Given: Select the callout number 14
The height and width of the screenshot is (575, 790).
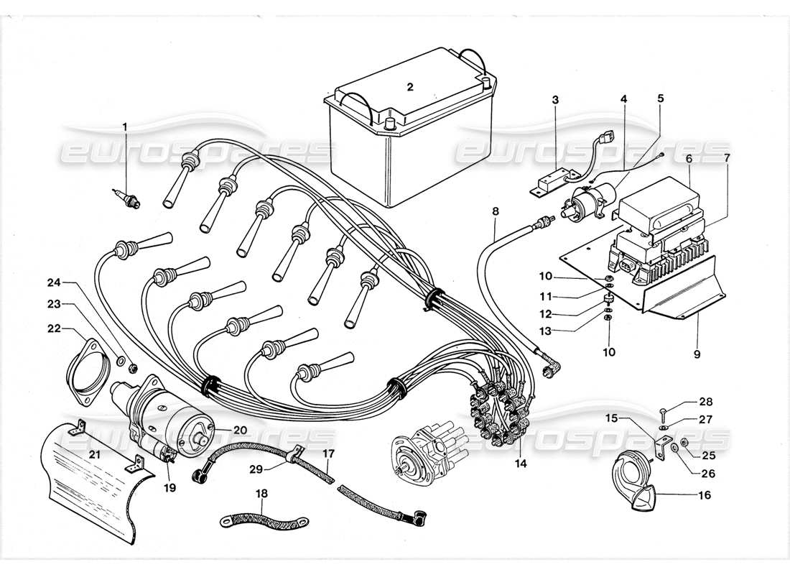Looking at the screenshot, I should pyautogui.click(x=520, y=464).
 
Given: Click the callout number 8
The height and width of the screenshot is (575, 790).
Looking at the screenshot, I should pyautogui.click(x=496, y=212).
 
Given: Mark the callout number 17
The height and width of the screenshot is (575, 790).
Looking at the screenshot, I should pyautogui.click(x=328, y=454).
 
